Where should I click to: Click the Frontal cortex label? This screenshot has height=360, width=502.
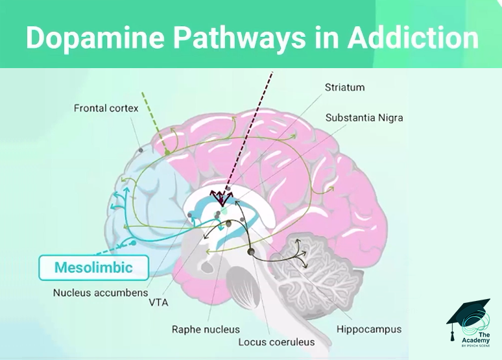(106, 108)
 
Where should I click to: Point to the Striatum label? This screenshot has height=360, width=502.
(345, 87)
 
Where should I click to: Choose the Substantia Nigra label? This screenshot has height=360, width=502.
(364, 118)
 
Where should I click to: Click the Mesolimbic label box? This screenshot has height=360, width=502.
(93, 267)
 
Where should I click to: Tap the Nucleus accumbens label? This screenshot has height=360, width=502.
(101, 293)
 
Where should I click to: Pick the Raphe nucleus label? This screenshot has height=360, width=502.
(205, 330)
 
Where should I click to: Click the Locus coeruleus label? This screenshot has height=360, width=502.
(276, 342)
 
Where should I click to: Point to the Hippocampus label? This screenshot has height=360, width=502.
(369, 330)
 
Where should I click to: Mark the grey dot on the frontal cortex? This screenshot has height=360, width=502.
(140, 150)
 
